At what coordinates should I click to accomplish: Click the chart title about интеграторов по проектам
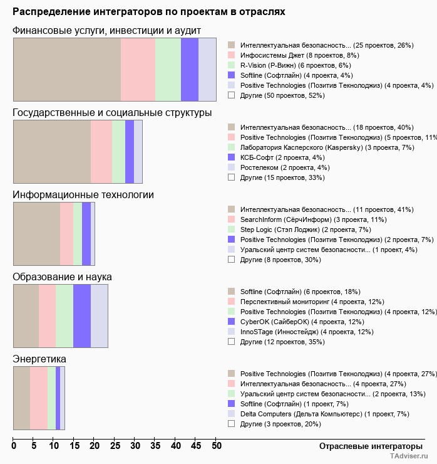(x=150, y=12)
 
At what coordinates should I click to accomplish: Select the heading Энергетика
(x=39, y=359)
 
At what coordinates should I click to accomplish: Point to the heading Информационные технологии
(x=83, y=194)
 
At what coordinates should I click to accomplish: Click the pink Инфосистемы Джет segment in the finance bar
(x=138, y=69)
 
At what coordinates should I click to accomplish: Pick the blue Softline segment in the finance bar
(x=189, y=69)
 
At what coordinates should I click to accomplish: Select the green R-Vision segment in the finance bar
(x=168, y=69)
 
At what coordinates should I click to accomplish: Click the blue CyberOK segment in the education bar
(x=82, y=315)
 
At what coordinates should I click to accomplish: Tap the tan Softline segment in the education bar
(x=26, y=315)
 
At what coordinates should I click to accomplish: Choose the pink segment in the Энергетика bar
(x=39, y=398)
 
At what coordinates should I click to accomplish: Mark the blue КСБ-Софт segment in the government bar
(x=130, y=151)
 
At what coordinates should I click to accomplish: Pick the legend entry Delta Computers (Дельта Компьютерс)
(x=324, y=414)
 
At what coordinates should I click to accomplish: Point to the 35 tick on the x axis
(x=155, y=446)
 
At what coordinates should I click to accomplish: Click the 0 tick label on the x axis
(x=14, y=446)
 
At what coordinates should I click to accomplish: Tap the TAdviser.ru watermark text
(x=409, y=456)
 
